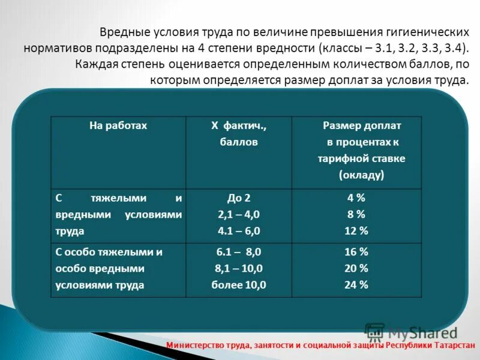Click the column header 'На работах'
tap(118, 126)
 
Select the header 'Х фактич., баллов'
tap(238, 134)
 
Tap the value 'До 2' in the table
tap(238, 197)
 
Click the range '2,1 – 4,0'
tap(238, 214)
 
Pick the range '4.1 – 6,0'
tap(238, 230)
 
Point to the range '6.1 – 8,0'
tap(238, 252)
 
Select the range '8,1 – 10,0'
tap(238, 269)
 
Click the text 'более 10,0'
tap(238, 285)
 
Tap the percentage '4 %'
tap(356, 197)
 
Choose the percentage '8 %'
tap(356, 214)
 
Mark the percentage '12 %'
tap(356, 230)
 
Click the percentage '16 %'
tap(356, 252)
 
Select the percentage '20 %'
tap(356, 269)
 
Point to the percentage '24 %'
tap(356, 285)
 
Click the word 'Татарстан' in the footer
tap(453, 346)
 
